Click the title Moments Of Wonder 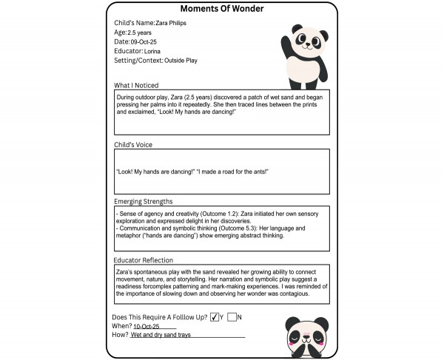point(221,9)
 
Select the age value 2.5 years point(140,33)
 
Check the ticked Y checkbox point(215,317)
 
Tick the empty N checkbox point(232,317)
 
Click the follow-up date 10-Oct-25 point(148,326)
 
